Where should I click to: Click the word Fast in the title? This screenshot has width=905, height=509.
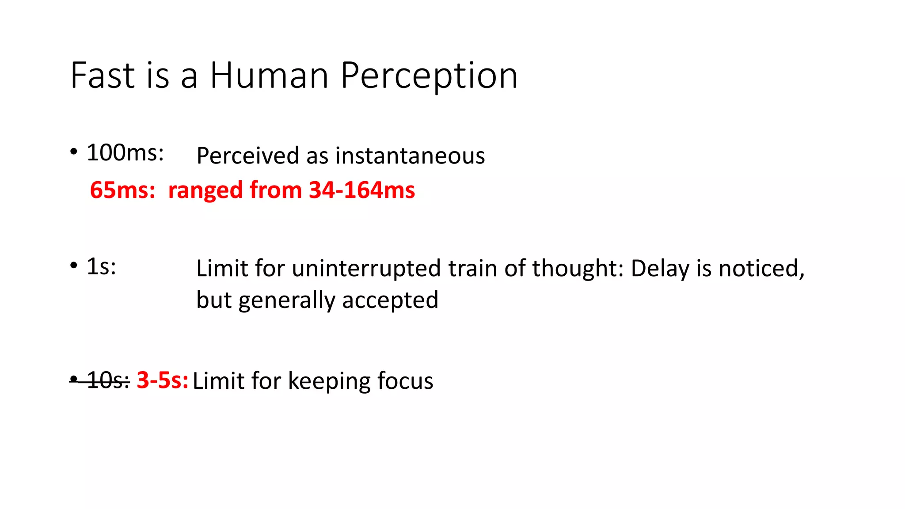pos(103,76)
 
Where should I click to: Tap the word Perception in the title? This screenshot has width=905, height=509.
pos(429,76)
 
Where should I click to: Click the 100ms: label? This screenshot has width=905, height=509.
pos(125,153)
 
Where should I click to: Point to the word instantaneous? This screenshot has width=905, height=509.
pos(410,156)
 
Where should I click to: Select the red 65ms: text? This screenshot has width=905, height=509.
pos(122,190)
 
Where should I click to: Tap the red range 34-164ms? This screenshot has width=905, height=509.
pos(362,190)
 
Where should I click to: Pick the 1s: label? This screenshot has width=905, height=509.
pos(101,266)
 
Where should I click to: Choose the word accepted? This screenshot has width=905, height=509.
pos(390,300)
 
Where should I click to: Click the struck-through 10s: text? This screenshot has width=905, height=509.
pos(107,380)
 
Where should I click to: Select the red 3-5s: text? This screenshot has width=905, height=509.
pos(162,380)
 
